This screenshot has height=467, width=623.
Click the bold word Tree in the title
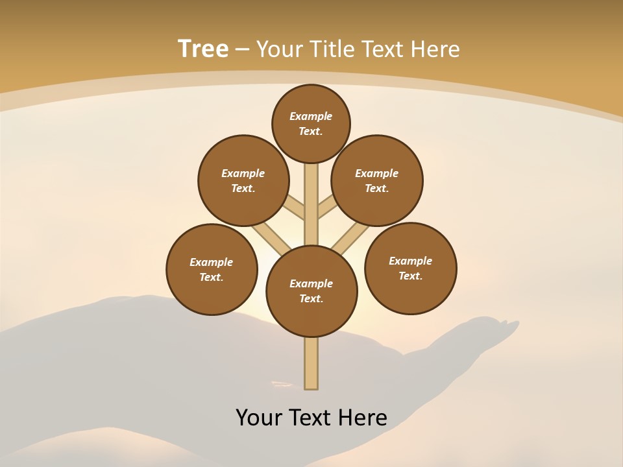203,49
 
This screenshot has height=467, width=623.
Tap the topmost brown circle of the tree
311,123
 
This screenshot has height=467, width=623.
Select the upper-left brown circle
243,180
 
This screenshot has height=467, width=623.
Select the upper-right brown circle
377,180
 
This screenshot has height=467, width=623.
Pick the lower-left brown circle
212,269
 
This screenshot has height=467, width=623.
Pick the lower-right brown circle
410,268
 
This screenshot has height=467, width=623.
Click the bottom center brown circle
311,291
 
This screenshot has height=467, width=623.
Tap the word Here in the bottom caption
363,418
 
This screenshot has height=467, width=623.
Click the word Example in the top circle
311,116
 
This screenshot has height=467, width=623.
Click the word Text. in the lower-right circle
410,276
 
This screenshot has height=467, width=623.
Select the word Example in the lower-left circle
212,262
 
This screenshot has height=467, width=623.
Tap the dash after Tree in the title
242,49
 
